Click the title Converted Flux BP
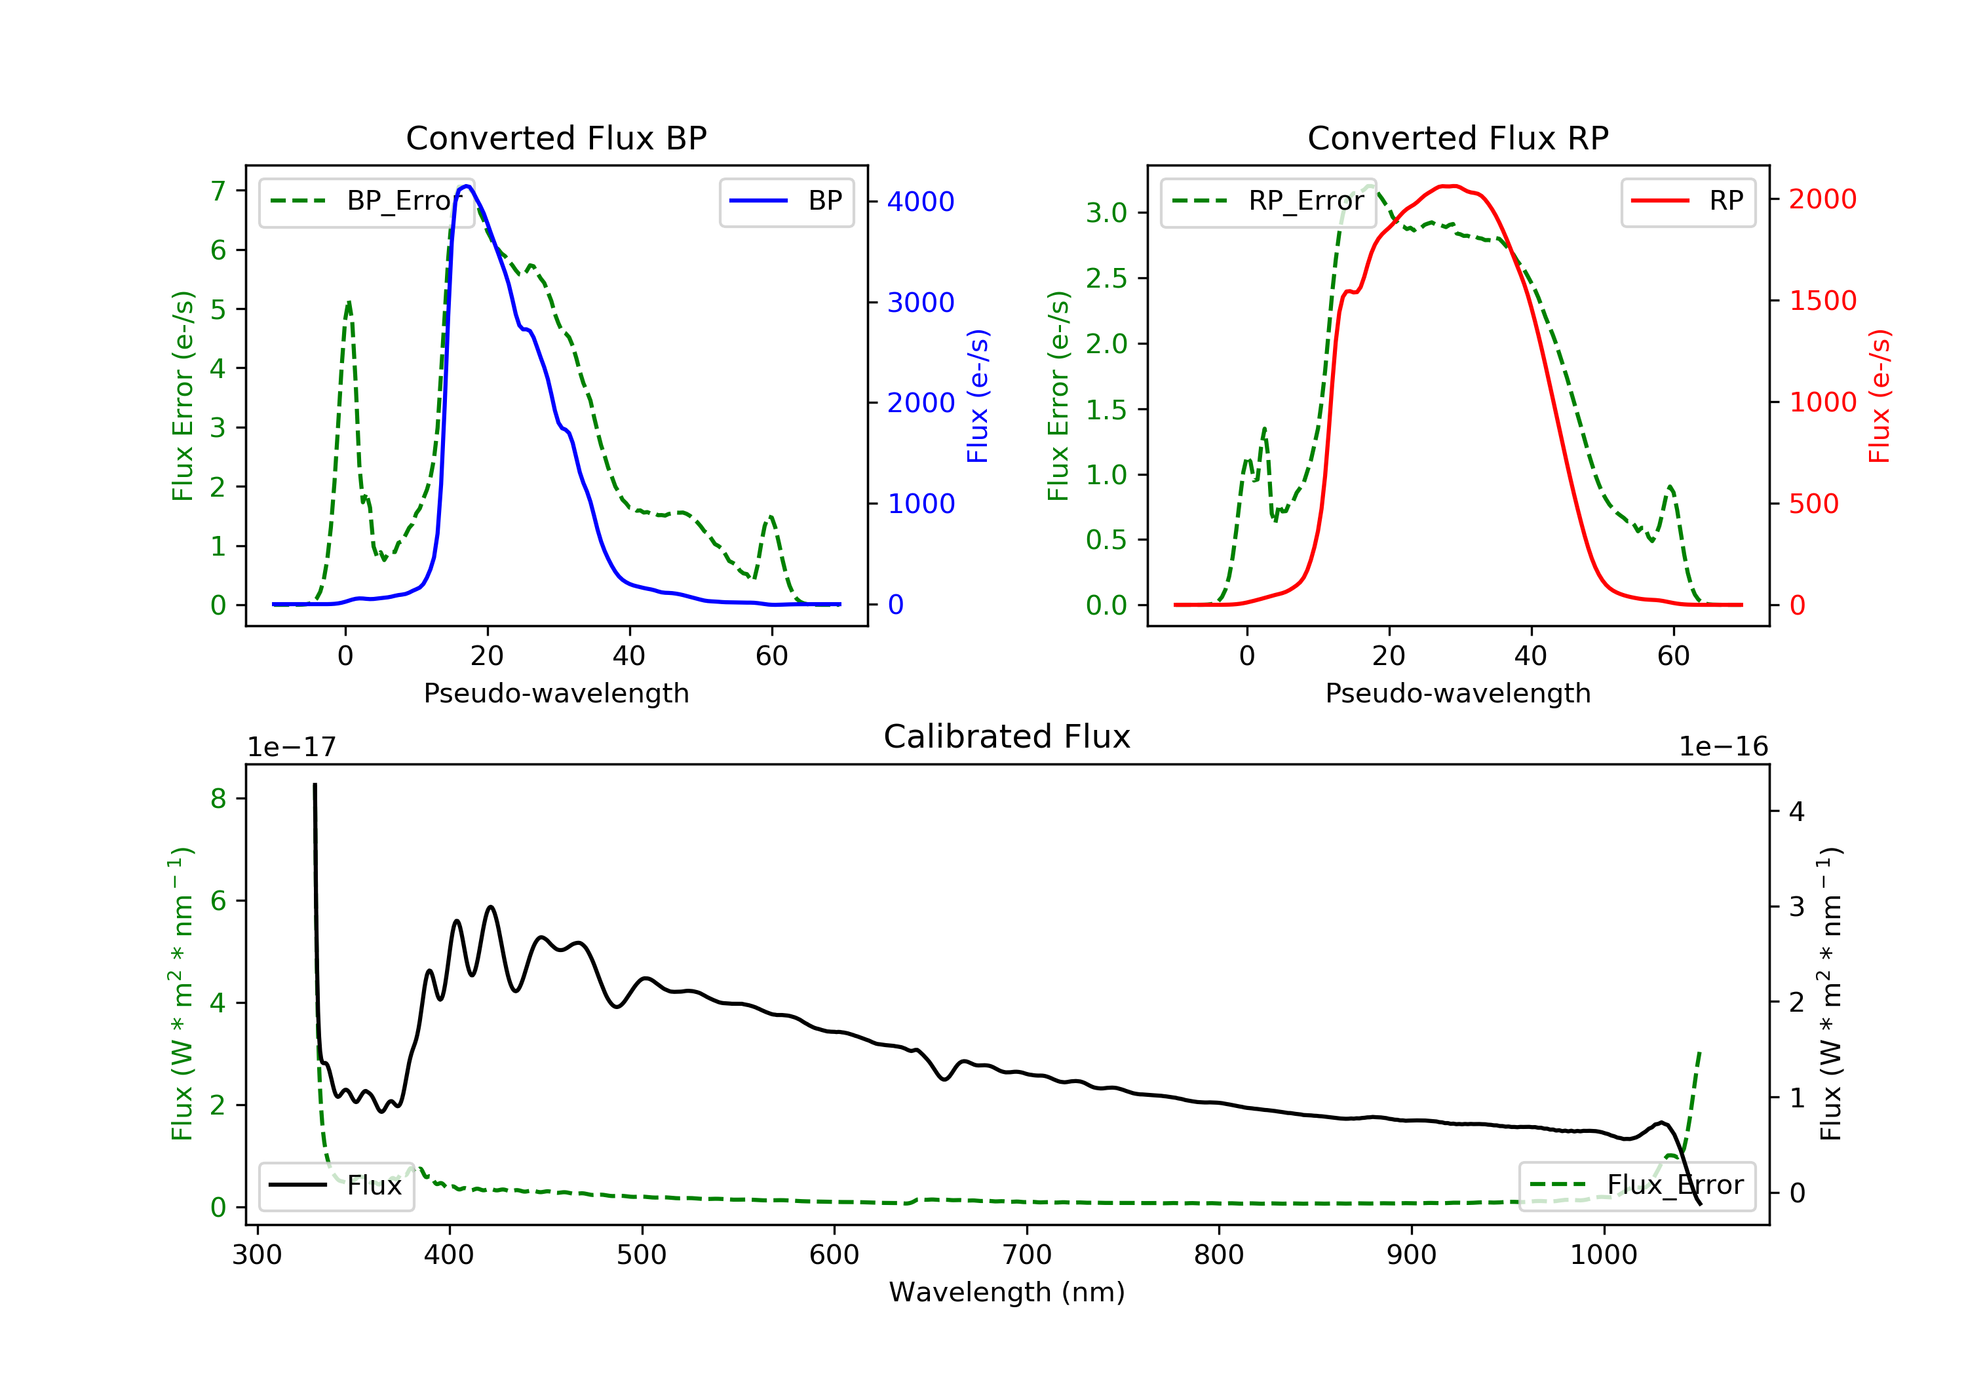click(556, 138)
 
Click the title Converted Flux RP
click(1457, 138)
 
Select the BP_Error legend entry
click(366, 201)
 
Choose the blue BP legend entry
click(786, 201)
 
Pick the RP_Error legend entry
click(1267, 201)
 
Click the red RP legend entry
click(1687, 201)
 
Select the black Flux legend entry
click(336, 1185)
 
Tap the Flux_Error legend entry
click(1636, 1185)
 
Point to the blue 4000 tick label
click(921, 202)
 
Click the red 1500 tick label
click(1823, 301)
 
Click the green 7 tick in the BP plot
click(218, 191)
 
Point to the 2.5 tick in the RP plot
click(1106, 278)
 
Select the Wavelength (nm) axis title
click(1007, 1292)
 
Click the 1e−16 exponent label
click(1723, 747)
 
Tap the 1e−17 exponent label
click(291, 747)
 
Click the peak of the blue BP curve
click(467, 186)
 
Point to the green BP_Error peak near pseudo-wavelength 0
click(349, 302)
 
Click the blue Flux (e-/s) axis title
click(978, 396)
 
